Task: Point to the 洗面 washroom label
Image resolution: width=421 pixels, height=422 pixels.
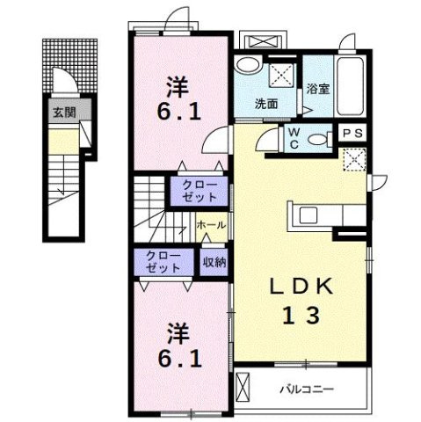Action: point(266,103)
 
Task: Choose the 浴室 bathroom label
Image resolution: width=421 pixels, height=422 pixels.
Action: point(317,88)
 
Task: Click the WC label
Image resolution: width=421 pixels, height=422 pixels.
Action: point(294,137)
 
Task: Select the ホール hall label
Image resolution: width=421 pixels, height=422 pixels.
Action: point(213,226)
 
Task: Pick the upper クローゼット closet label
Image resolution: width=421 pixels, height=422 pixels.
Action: point(200,190)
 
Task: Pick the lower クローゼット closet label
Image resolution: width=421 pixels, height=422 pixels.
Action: point(163,261)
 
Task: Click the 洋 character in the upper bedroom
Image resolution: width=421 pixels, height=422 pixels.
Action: point(177,87)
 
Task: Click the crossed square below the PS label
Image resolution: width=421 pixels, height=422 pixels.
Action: point(355,160)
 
